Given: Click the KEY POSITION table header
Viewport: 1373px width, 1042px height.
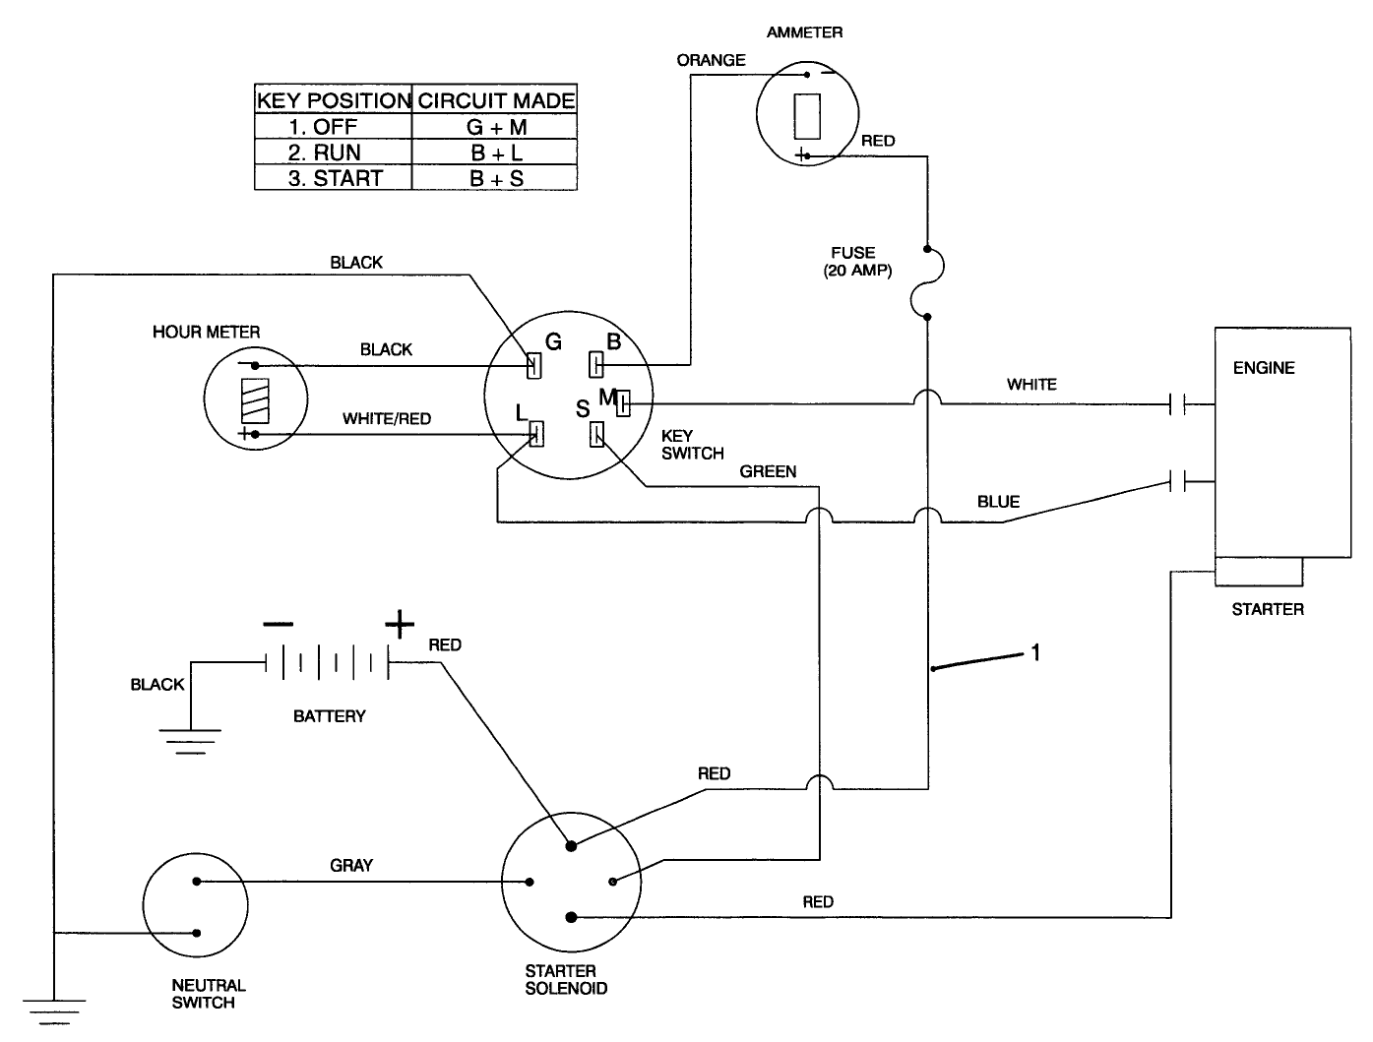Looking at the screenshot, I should click(x=333, y=100).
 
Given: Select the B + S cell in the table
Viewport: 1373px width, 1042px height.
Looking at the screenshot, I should click(x=496, y=179).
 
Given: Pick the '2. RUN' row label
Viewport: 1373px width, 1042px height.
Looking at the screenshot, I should click(x=324, y=153).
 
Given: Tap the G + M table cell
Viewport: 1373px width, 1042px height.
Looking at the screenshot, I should click(x=496, y=127).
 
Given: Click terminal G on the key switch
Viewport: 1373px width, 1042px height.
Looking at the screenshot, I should click(x=534, y=365).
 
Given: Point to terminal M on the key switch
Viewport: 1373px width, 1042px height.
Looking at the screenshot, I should click(x=622, y=400).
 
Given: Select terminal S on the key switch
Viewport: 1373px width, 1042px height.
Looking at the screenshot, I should click(x=596, y=434).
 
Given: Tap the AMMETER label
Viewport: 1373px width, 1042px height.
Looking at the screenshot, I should click(x=804, y=32).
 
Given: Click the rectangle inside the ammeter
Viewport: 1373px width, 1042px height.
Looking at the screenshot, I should click(x=807, y=115).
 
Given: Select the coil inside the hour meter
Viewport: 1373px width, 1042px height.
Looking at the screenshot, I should click(x=254, y=400).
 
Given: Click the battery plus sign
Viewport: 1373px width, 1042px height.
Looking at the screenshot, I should click(x=399, y=624).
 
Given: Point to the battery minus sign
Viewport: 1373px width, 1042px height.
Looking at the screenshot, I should click(x=278, y=624).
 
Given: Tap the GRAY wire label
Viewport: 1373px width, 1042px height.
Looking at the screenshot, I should click(x=351, y=865).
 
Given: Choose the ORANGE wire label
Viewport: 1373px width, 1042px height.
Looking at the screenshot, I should click(x=711, y=60).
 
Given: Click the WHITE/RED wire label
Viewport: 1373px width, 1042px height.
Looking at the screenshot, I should click(x=386, y=418).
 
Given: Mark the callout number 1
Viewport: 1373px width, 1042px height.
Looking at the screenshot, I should click(x=1034, y=651).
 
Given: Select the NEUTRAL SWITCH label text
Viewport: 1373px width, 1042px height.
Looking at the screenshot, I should click(x=209, y=994).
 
